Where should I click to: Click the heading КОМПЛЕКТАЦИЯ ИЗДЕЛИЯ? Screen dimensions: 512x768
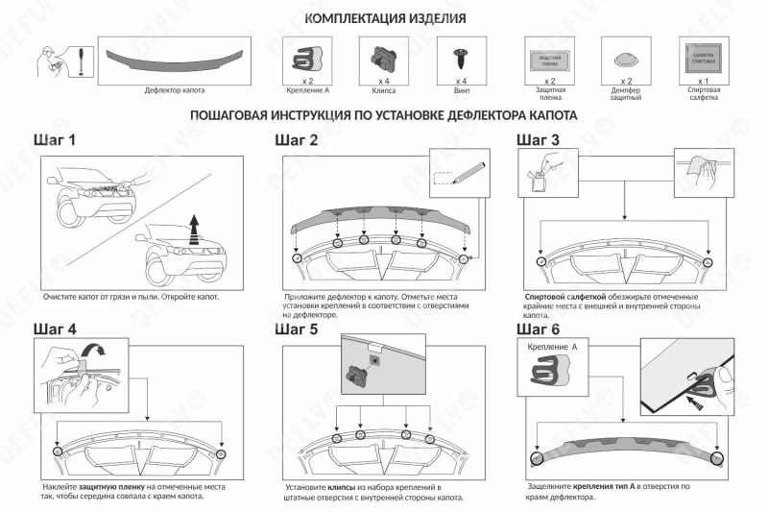pos(385,19)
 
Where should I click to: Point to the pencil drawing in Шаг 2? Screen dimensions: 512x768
pos(463,174)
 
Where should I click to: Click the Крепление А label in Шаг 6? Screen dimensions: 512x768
pos(553,346)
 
